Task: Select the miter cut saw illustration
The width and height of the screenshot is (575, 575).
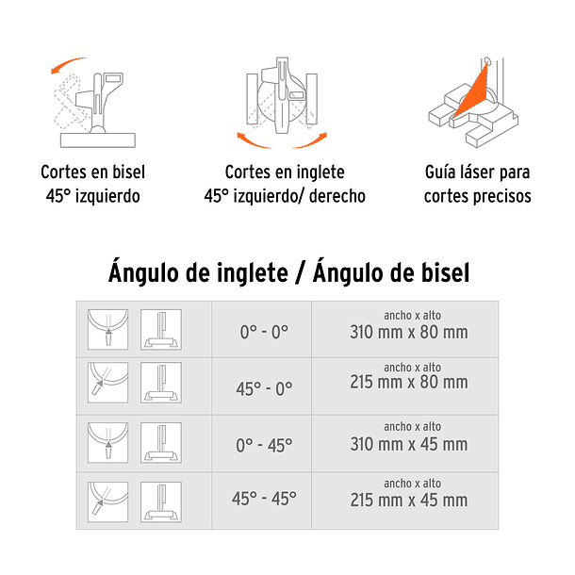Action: [x=284, y=99]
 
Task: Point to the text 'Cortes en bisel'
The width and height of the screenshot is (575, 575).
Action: [x=92, y=173]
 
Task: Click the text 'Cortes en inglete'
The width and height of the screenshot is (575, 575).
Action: [x=285, y=173]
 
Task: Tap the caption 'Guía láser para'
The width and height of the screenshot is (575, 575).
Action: [x=477, y=173]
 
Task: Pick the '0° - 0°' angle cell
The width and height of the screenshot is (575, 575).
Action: [x=264, y=333]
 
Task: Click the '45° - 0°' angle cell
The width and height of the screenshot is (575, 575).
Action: [x=264, y=387]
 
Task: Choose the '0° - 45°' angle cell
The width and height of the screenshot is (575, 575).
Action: [x=264, y=443]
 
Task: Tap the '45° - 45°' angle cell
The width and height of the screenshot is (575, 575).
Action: [x=264, y=499]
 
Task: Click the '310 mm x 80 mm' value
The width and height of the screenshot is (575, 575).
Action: [x=408, y=333]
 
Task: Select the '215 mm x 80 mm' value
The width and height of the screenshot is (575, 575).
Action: [x=408, y=383]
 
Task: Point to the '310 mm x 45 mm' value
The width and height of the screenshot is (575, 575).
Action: [x=408, y=444]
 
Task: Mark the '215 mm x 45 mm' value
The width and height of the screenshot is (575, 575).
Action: [x=408, y=500]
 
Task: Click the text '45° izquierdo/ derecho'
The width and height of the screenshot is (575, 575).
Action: [x=285, y=197]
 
